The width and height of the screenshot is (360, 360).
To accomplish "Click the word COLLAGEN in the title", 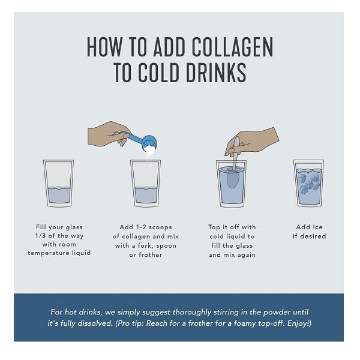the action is coord(232,47).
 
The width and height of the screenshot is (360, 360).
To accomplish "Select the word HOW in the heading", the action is coord(104,47).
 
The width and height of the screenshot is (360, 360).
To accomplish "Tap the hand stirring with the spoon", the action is coord(252,142).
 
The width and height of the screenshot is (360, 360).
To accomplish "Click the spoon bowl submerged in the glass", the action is coord(233,179).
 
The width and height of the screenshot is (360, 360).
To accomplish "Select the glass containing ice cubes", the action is coord(309,183).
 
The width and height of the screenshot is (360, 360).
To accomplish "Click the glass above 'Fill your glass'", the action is coord(59,183).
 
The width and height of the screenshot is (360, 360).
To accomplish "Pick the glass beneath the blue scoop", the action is coord(146,183).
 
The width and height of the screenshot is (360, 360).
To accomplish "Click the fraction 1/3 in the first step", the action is coord(40,236).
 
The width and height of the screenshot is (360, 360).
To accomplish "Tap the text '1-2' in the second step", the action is coord(141,227).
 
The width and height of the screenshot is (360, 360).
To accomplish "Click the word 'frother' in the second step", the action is coord(151,255).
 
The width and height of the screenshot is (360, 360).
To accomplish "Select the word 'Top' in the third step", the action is coord(214,227).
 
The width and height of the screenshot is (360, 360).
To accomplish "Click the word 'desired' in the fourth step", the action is coord(313,236).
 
